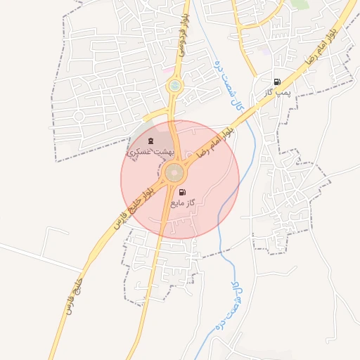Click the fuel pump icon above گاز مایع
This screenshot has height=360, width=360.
182,192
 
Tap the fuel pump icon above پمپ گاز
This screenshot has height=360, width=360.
277,82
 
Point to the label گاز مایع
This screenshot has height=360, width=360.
182,203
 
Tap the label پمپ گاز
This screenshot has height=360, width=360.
277,92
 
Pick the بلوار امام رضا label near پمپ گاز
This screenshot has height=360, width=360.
319,49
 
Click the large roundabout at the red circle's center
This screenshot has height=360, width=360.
175,172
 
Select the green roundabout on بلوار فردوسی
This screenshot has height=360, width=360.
173,86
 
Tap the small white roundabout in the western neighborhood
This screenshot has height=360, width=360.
79,115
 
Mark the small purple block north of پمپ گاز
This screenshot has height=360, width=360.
266,51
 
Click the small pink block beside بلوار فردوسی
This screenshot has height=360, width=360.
166,71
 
